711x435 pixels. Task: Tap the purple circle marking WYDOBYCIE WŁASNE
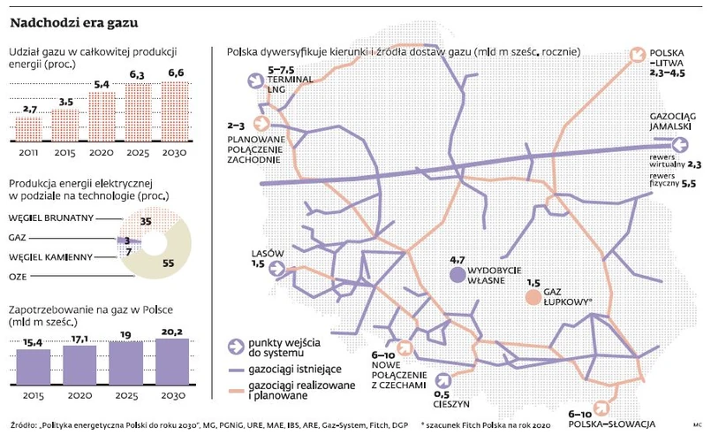[457, 275]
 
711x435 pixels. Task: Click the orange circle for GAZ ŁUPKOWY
[533, 298]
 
